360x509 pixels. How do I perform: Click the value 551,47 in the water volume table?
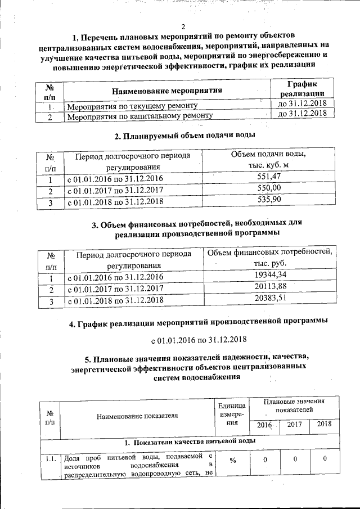point(268,177)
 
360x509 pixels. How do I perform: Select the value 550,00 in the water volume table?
point(268,188)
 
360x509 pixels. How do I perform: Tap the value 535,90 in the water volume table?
point(268,199)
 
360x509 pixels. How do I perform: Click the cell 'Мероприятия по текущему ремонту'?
point(132,106)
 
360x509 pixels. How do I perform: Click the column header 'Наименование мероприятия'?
point(167,90)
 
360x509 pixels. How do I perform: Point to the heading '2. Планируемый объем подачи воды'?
point(184,136)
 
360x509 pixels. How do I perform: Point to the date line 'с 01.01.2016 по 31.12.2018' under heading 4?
point(199,341)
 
